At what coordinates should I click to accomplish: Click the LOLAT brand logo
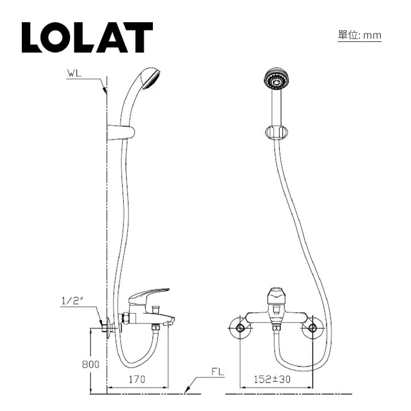pos(87,37)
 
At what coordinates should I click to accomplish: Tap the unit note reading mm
pos(359,36)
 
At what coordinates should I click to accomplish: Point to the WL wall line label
pos(74,74)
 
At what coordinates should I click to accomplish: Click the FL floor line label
pos(218,372)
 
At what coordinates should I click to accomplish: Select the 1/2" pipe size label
pos(72,300)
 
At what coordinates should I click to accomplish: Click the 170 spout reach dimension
pos(137,379)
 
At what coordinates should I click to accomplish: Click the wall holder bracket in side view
pos(120,133)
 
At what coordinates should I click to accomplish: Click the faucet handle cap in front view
pos(276,295)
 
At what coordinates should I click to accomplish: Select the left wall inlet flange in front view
pos(240,328)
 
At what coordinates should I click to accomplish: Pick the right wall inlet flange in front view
pos(312,328)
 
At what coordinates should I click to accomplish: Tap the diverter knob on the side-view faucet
pos(155,309)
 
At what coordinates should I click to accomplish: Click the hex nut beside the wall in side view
pos(126,318)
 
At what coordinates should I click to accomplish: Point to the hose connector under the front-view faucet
pos(276,328)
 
